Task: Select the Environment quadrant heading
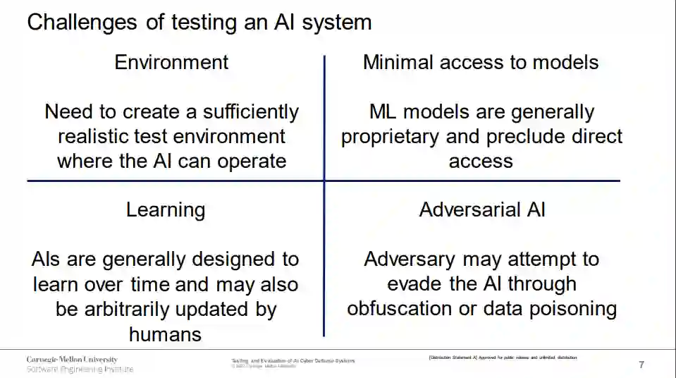(x=171, y=62)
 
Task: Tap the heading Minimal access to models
(x=481, y=62)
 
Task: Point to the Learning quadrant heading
(x=166, y=209)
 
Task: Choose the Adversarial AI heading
(x=482, y=209)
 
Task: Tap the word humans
(x=165, y=334)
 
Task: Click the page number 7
(x=641, y=365)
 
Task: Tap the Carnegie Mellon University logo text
(x=72, y=360)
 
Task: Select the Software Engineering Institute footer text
(x=79, y=369)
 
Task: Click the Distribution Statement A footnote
(x=503, y=358)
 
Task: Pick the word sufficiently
(x=251, y=111)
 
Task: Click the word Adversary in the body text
(x=410, y=259)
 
